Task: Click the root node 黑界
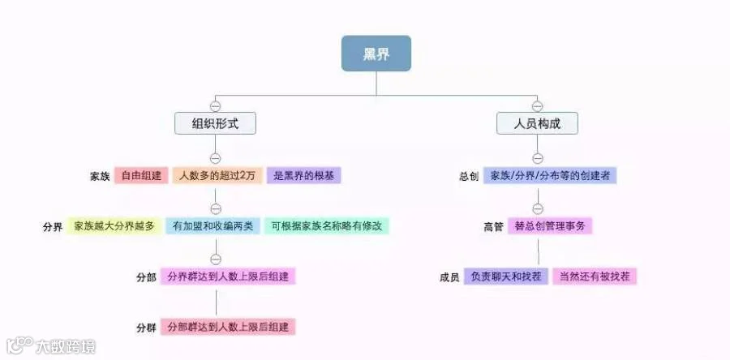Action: (376, 54)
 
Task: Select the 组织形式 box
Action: (216, 123)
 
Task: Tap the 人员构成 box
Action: (537, 123)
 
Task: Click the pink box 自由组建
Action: (140, 175)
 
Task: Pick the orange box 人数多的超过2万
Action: (217, 175)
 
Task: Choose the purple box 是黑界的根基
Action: (303, 175)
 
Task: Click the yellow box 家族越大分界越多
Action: (114, 225)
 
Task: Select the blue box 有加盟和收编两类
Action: (212, 225)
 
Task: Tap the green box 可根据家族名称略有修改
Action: (327, 225)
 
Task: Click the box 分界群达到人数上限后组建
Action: (228, 276)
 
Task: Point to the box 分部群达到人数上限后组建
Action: (228, 326)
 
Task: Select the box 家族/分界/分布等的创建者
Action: (550, 175)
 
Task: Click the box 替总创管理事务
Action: (549, 226)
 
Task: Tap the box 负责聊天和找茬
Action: (506, 276)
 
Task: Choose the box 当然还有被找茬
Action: (595, 276)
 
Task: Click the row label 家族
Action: (101, 176)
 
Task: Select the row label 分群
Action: (146, 327)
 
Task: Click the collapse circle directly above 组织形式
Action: (216, 106)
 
